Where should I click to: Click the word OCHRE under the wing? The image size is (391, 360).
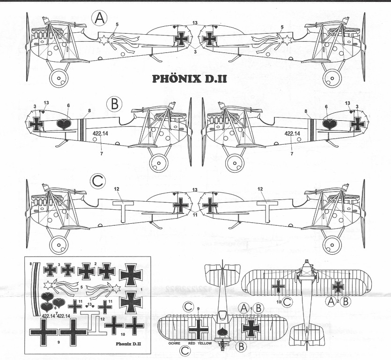[173, 343]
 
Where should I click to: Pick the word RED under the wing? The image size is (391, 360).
[192, 343]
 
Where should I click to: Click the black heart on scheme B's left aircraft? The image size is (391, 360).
[63, 124]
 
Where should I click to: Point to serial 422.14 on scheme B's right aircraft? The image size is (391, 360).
[292, 133]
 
